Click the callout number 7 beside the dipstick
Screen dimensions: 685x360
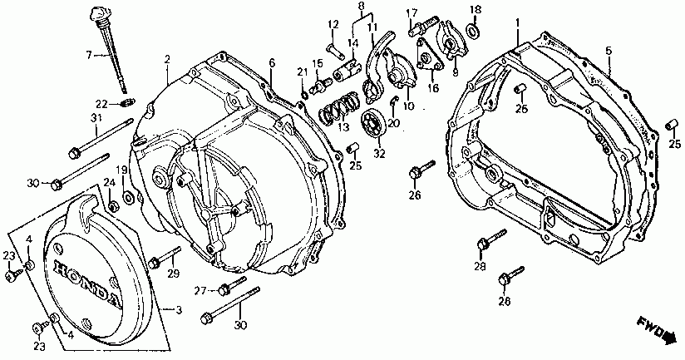tap(89, 55)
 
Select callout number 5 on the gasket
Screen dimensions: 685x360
tap(609, 52)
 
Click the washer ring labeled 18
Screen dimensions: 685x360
tap(474, 32)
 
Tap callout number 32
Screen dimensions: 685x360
tap(380, 154)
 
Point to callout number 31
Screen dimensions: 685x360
tap(96, 119)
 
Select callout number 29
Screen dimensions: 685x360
tap(174, 274)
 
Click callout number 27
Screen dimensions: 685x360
tap(200, 290)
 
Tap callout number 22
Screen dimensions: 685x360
tap(100, 104)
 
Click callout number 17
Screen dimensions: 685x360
tap(411, 12)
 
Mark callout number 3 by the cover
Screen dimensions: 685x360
tap(177, 310)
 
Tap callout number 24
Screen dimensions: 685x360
tap(108, 183)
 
